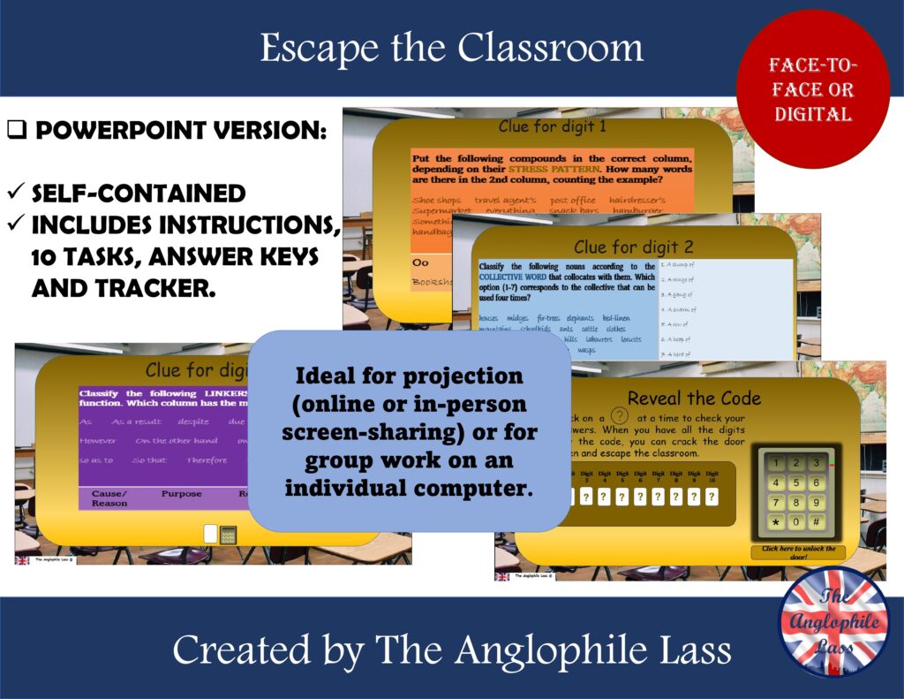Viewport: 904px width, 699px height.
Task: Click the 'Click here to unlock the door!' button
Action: (x=798, y=551)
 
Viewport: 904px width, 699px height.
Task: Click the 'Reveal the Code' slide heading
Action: (x=694, y=398)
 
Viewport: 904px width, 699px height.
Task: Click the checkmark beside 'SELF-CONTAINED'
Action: (x=15, y=193)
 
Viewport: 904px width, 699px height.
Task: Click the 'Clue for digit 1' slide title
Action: (x=552, y=126)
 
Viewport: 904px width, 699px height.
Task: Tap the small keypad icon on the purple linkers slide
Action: (x=229, y=534)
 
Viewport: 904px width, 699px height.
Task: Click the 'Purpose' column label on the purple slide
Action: (x=181, y=494)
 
